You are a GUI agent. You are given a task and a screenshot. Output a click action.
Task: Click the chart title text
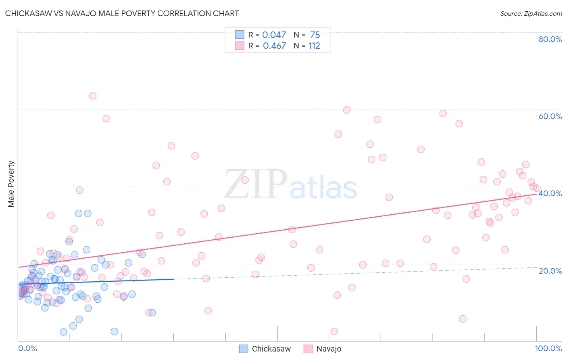pos(122,14)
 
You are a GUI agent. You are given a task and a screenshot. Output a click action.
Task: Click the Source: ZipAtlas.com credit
pos(531,14)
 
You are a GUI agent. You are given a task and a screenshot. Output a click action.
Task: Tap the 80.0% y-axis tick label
pos(550,39)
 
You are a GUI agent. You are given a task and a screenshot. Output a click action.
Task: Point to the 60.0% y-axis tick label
pos(550,116)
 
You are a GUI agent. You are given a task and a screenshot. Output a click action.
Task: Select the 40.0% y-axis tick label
pos(550,193)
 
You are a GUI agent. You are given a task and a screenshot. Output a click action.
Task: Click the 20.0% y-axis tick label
pos(550,271)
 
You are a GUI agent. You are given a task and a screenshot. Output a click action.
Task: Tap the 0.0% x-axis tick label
pos(27,348)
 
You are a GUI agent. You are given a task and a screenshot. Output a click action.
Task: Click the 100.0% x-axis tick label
pos(548,348)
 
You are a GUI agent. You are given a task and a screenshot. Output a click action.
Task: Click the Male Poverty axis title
pos(11,184)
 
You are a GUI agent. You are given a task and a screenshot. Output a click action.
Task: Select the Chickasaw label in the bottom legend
pos(271,349)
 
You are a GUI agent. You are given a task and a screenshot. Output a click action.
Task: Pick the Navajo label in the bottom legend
pos(329,349)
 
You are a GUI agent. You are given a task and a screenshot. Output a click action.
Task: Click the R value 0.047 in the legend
pos(274,35)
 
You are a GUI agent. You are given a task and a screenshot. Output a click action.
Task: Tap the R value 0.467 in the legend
pos(274,46)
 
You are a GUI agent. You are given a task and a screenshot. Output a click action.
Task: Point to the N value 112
pos(314,46)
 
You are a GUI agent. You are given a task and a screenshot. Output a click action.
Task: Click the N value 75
pos(315,35)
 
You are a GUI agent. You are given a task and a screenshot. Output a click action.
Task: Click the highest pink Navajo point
pos(92,96)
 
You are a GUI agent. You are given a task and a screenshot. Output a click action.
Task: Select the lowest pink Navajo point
pos(334,331)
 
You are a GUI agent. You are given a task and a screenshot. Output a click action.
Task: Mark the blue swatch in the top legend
pos(240,35)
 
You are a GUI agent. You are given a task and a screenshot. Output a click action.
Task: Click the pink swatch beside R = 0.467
pos(240,46)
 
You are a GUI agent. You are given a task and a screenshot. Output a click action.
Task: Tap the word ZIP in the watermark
pos(255,185)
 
